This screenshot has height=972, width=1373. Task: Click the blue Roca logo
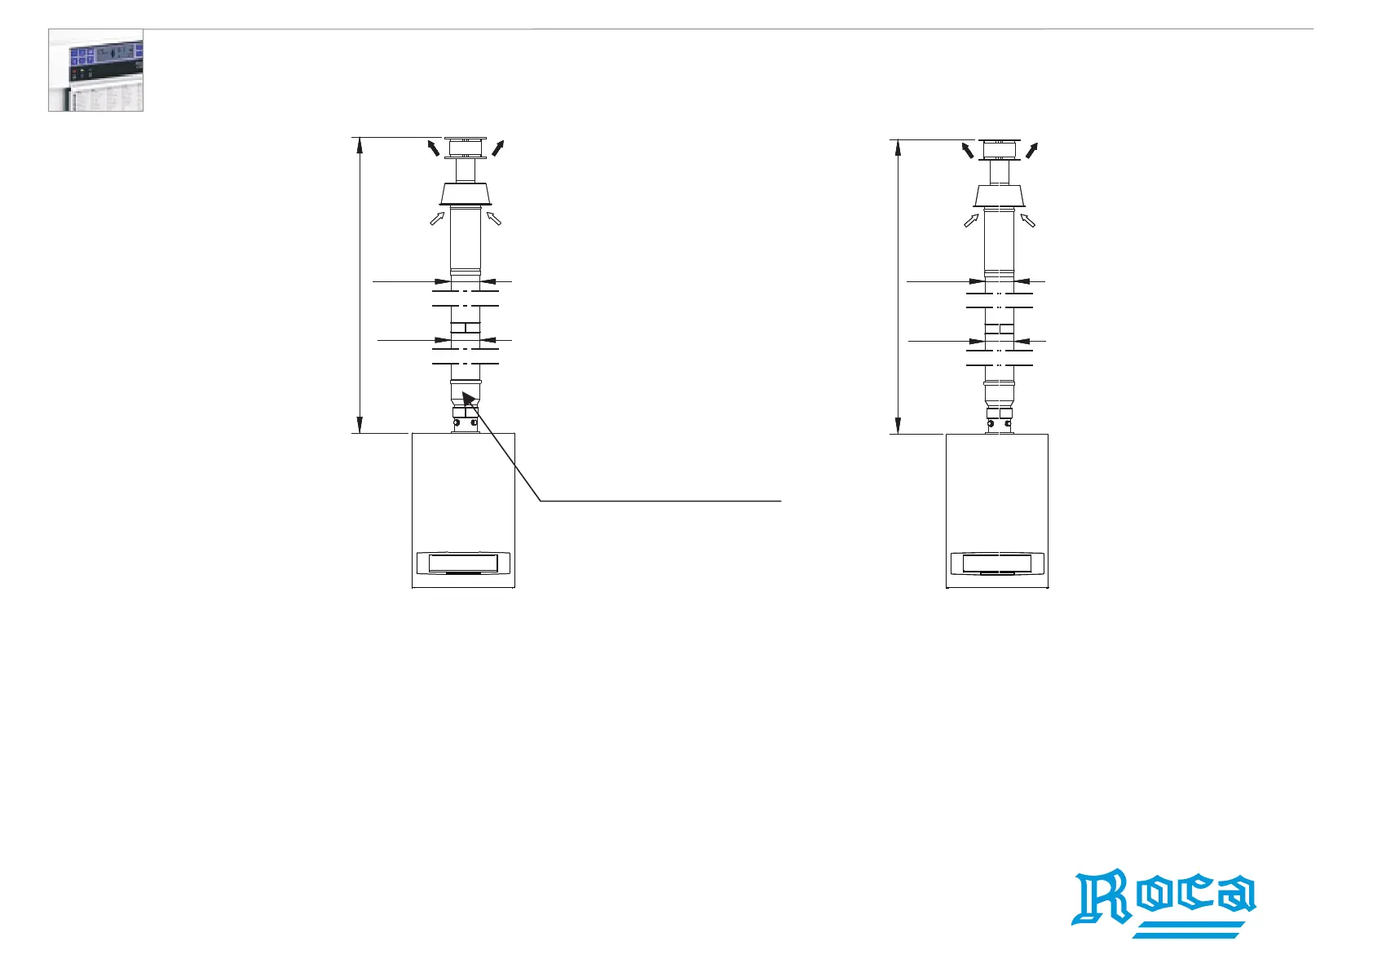[x=1163, y=904]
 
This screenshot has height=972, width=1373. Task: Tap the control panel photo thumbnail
[x=96, y=70]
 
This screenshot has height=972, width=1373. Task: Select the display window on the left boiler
[x=463, y=563]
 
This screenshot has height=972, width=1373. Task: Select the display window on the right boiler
[x=997, y=563]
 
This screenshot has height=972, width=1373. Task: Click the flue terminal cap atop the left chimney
[x=465, y=148]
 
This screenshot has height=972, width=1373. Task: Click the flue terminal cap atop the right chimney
[x=999, y=149]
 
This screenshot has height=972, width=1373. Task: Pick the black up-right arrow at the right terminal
[x=1032, y=149]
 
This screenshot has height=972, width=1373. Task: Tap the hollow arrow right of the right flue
[x=1028, y=219]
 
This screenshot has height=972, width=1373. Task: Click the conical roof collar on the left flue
[x=466, y=194]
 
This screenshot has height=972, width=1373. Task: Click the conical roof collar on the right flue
[x=999, y=196]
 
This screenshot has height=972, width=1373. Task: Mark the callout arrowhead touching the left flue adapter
[x=467, y=397]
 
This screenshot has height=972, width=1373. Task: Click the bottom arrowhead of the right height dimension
[x=898, y=426]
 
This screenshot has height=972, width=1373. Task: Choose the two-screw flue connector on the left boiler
[x=465, y=422]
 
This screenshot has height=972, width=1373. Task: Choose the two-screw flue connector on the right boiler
[x=999, y=423]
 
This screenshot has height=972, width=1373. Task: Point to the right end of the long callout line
[x=780, y=499]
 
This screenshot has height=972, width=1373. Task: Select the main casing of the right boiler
[x=997, y=489]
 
